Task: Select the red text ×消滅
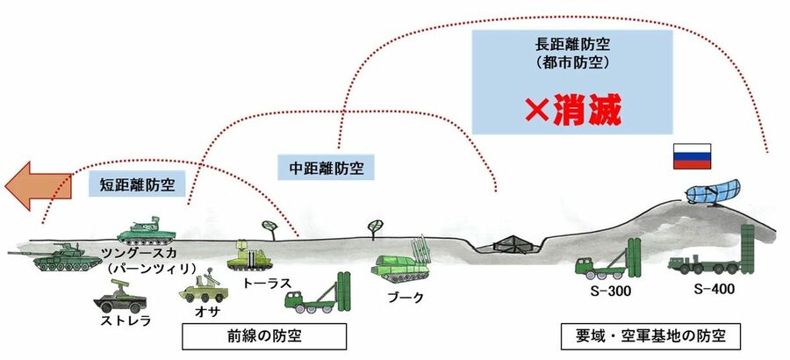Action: coord(572,112)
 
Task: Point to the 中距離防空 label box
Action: coord(326,165)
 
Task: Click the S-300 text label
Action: coord(598,290)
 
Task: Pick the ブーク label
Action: coord(406,298)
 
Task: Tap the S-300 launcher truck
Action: coord(606,260)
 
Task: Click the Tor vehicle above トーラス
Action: coord(248,257)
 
